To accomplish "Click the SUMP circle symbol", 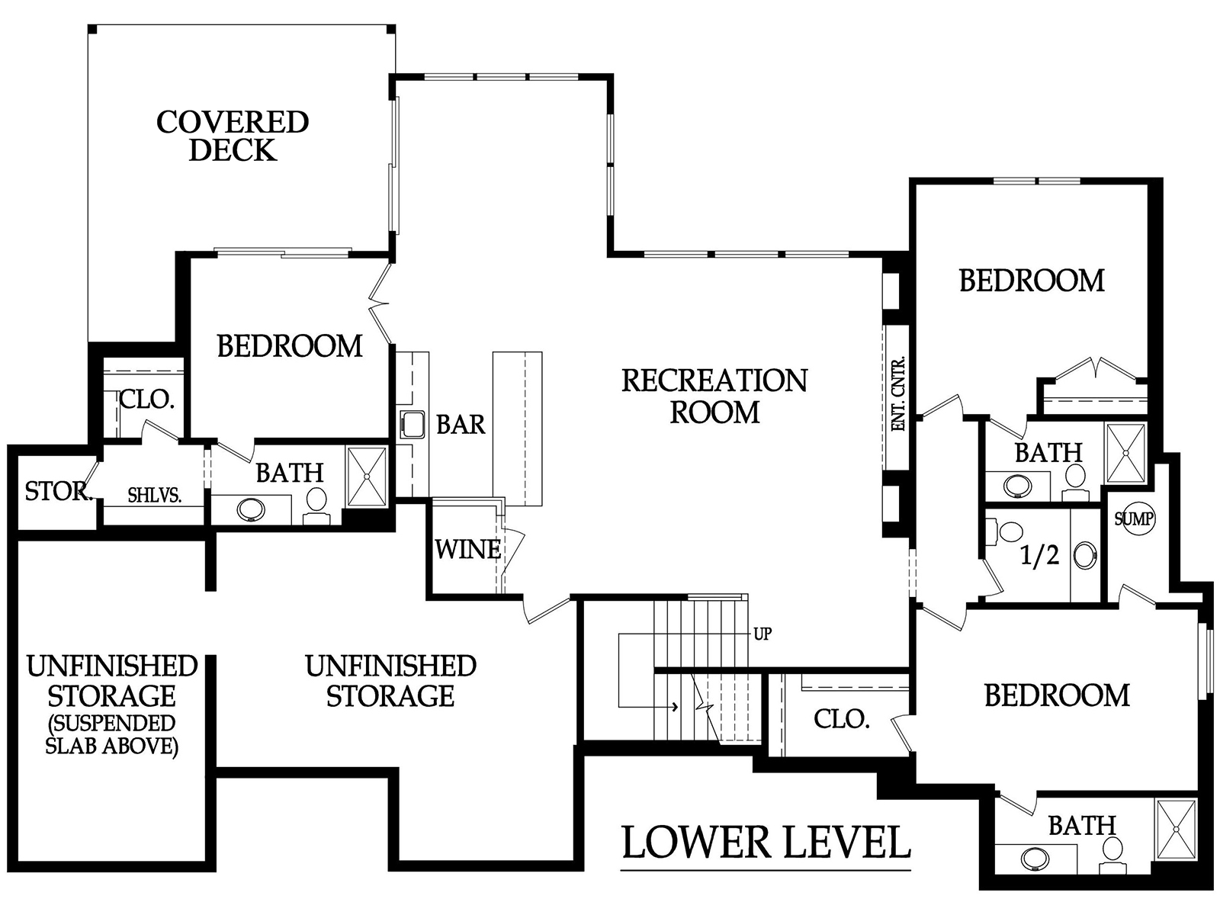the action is click(x=1135, y=519).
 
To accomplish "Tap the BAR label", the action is click(x=461, y=425).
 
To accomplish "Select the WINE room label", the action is click(x=468, y=550).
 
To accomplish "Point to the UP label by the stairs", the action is click(x=762, y=634).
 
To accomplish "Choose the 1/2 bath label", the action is click(x=1040, y=556).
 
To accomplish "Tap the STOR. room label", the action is click(x=59, y=491).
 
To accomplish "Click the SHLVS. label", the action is click(x=155, y=495).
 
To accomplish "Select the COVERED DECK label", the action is click(x=233, y=136).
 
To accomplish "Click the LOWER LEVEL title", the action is click(x=766, y=843).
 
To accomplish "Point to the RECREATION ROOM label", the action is click(x=714, y=396).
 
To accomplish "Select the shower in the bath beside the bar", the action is click(x=366, y=476).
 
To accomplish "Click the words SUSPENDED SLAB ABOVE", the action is click(x=112, y=734).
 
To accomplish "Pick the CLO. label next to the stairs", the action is click(x=842, y=719).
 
